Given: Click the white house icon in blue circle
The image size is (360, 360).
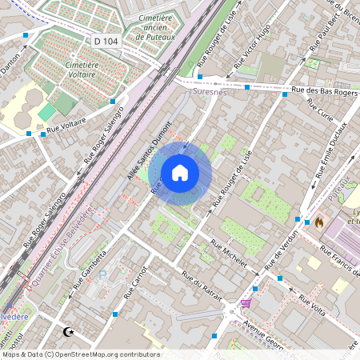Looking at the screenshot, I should click(180, 173).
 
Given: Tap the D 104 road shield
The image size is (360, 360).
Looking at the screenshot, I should click(105, 40).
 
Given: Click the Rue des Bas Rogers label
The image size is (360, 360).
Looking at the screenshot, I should click(324, 91).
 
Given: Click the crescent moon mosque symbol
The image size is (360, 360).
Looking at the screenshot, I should click(67, 331).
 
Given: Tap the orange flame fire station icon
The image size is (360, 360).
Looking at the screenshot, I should click(318, 222).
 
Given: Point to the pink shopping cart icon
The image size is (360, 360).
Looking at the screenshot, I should click(245, 303).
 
